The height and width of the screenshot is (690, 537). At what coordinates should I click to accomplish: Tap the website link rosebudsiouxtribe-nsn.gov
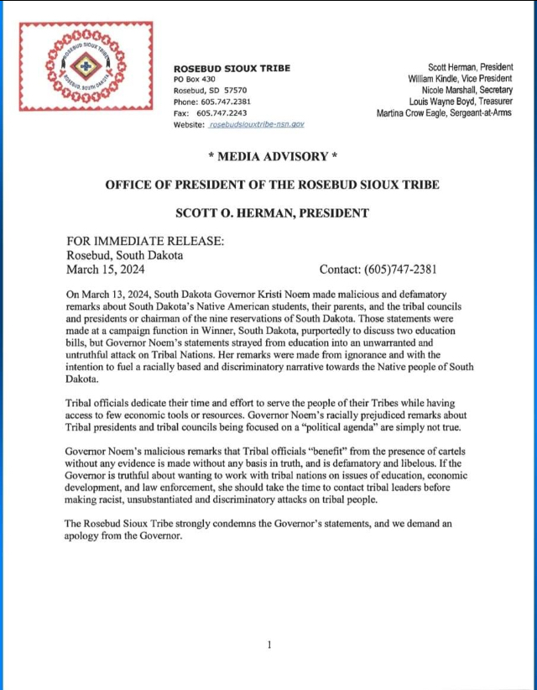(256, 123)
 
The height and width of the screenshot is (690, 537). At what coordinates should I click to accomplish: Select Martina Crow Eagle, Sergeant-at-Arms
(445, 112)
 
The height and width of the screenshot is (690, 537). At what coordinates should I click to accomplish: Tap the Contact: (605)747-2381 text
(378, 269)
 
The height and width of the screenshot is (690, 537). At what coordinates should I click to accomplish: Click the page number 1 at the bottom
(268, 644)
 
